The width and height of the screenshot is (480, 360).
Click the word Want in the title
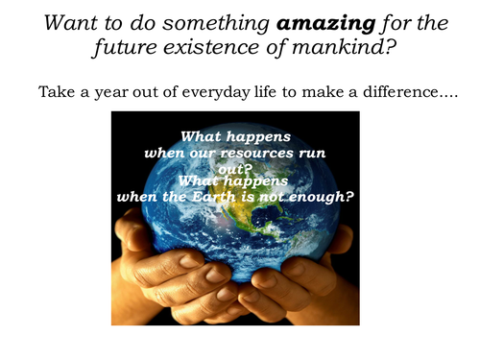[66, 19]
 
